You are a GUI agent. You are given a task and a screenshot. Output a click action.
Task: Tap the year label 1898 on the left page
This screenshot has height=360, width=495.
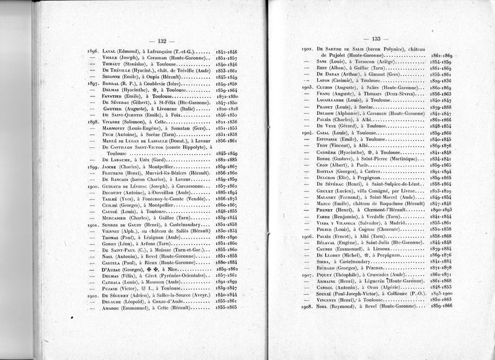click(x=94, y=122)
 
